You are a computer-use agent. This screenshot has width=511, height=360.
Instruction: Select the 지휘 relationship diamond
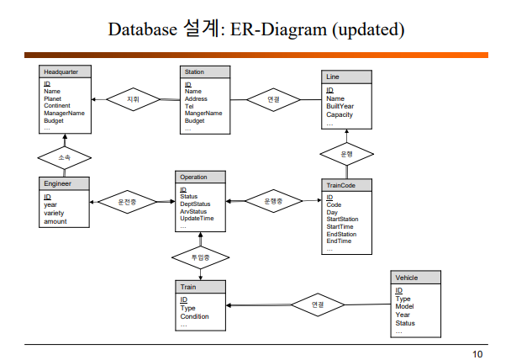[x=132, y=98]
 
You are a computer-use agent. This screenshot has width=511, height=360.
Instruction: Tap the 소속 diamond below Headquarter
[x=65, y=156]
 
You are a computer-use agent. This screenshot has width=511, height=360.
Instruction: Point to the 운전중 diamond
[x=128, y=202]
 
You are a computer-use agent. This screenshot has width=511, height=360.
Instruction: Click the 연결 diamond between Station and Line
[x=274, y=98]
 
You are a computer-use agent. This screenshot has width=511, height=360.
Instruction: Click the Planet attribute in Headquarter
[x=54, y=98]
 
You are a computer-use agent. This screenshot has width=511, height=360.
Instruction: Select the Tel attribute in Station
[x=189, y=106]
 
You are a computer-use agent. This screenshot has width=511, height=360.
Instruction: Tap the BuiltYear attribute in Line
[x=340, y=106]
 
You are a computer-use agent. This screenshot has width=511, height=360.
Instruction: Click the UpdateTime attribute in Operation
[x=198, y=218]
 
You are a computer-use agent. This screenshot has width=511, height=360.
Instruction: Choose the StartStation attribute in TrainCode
[x=342, y=220]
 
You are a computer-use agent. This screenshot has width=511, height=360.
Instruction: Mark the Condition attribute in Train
[x=195, y=316]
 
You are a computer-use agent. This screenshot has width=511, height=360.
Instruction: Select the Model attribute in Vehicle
[x=404, y=307]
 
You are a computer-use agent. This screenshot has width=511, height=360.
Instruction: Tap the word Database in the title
[x=140, y=30]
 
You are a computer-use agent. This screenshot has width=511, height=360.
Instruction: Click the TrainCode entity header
[x=346, y=183]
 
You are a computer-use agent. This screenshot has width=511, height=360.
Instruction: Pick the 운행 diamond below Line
[x=346, y=154]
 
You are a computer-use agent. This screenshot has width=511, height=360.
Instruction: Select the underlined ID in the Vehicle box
[x=398, y=290]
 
